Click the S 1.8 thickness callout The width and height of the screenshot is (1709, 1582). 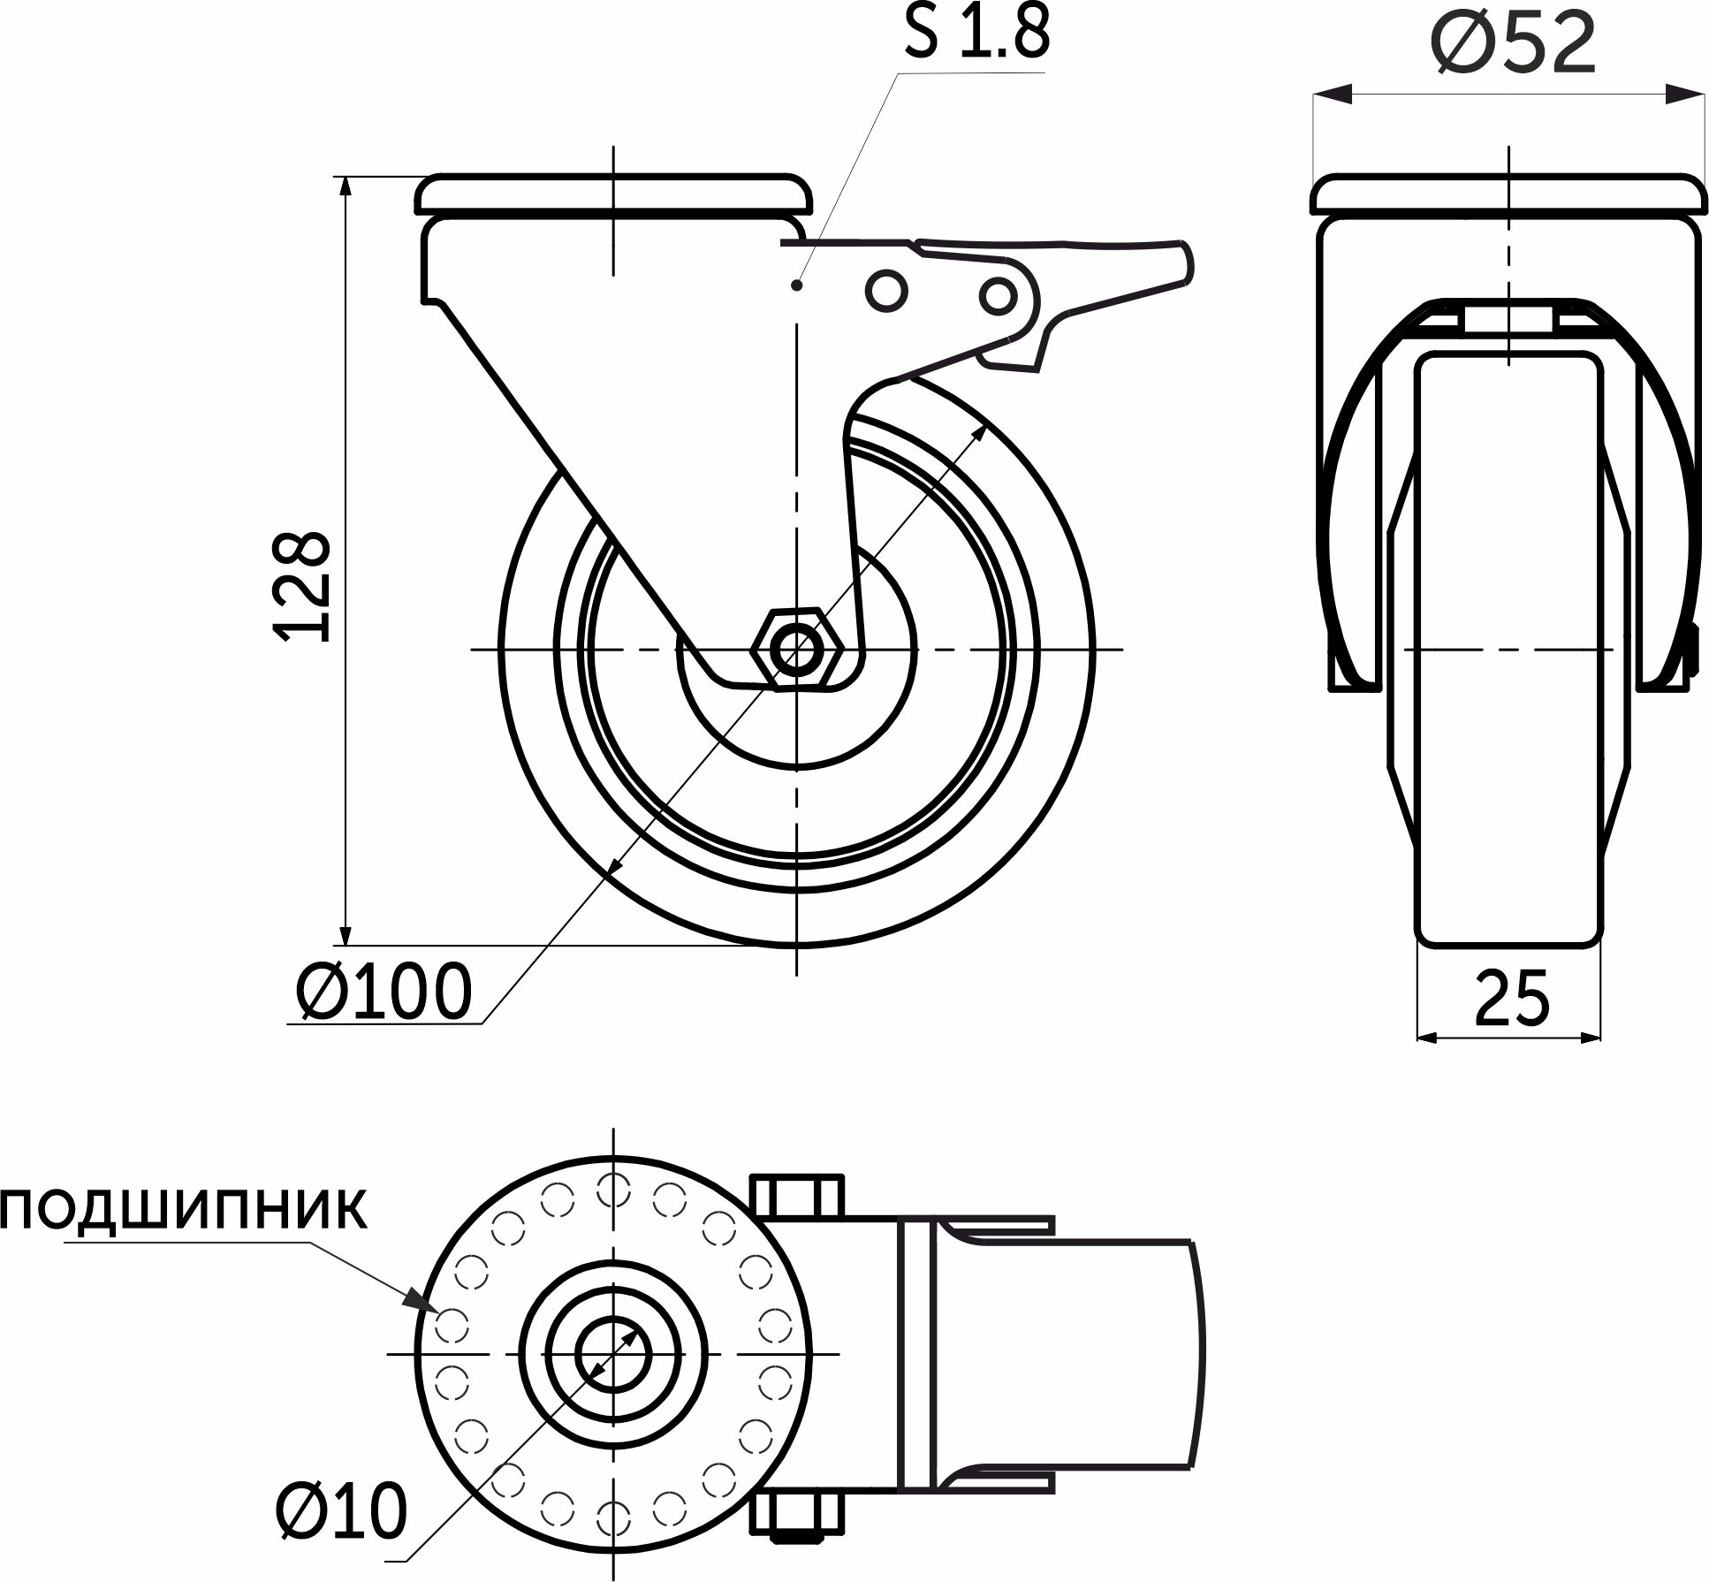[x=976, y=33]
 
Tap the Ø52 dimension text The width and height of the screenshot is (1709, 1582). [x=1515, y=43]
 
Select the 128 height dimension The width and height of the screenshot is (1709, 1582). [x=303, y=586]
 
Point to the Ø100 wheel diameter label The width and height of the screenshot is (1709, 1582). [x=383, y=991]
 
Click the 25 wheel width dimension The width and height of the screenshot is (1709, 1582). [x=1512, y=999]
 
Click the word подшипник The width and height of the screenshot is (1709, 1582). [x=183, y=1210]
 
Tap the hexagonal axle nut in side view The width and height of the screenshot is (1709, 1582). [x=797, y=650]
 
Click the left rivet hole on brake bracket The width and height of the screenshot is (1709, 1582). [x=886, y=289]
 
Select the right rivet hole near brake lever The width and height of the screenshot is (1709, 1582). [x=998, y=295]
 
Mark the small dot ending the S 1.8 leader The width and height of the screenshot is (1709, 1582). [x=796, y=285]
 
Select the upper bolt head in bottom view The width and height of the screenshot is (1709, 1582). [x=797, y=1196]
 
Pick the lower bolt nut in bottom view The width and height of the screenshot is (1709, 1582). [x=797, y=1515]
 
